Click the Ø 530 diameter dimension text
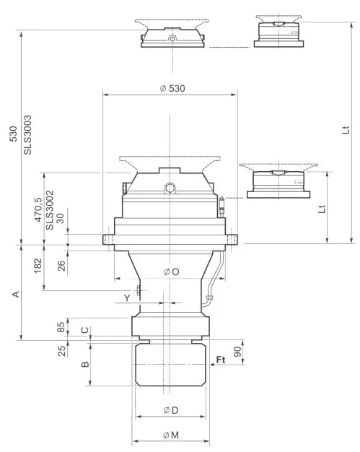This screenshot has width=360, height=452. pyautogui.click(x=170, y=88)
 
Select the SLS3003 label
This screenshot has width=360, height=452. pyautogui.click(x=28, y=134)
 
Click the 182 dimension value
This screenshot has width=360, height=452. pyautogui.click(x=38, y=267)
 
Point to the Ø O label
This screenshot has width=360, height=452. pyautogui.click(x=171, y=271)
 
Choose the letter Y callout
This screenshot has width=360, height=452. pyautogui.click(x=127, y=297)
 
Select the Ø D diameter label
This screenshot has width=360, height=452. pyautogui.click(x=171, y=411)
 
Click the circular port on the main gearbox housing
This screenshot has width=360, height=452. pyautogui.click(x=170, y=188)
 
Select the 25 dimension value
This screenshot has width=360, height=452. pyautogui.click(x=62, y=350)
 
